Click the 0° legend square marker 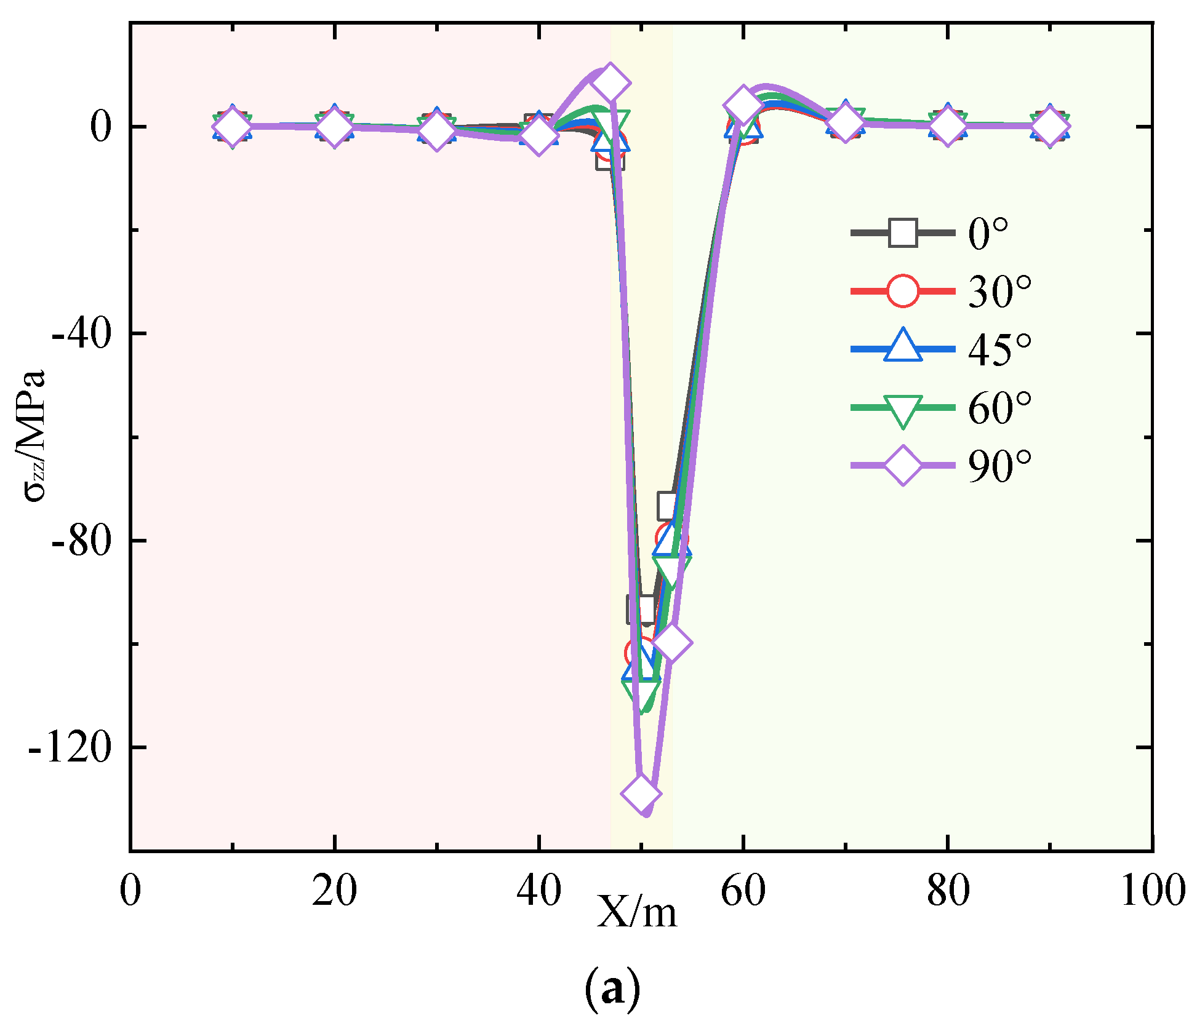tap(903, 233)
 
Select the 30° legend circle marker tap(903, 291)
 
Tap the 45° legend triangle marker tap(903, 346)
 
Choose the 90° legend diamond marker tap(903, 466)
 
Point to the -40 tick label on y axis tap(81, 334)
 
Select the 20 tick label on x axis tap(334, 890)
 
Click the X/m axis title tap(636, 912)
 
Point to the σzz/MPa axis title tap(36, 435)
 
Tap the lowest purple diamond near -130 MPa tap(641, 793)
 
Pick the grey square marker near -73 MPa tap(668, 506)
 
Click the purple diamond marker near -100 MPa tap(672, 643)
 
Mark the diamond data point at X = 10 tap(232, 127)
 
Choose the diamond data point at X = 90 tap(1050, 127)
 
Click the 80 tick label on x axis tap(948, 890)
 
